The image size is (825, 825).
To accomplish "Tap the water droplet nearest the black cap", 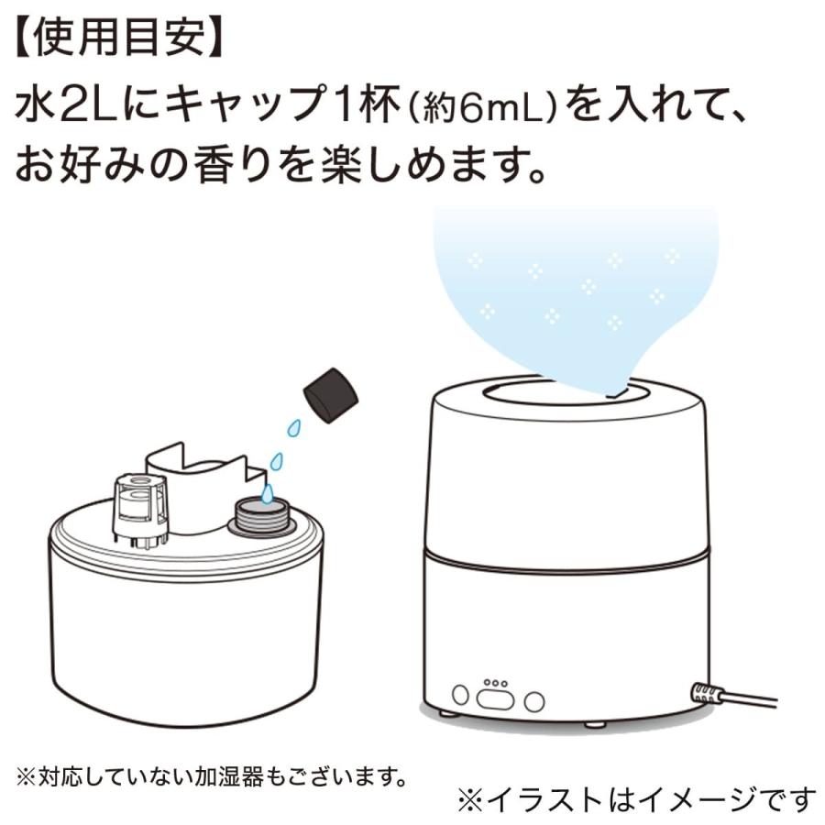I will click(293, 427).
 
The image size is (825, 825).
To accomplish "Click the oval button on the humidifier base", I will click(495, 699).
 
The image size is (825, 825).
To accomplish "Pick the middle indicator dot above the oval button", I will click(495, 682).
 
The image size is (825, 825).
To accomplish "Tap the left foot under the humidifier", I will click(445, 712).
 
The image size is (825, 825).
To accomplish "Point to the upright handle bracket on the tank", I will click(202, 486).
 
